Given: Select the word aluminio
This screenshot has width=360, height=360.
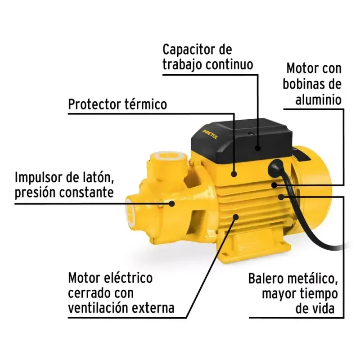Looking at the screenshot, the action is tap(318, 100).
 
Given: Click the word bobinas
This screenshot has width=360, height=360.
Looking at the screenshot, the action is tap(302, 84).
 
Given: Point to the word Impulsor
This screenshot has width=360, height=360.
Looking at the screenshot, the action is tap(38, 178).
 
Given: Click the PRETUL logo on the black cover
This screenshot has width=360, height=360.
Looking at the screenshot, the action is tap(210, 135).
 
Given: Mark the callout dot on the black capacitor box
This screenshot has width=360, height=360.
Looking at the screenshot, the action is tap(258, 148).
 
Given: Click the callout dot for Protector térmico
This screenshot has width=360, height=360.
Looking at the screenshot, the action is tap(234, 174).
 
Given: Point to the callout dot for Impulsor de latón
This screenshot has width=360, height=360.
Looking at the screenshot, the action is tap(172, 204).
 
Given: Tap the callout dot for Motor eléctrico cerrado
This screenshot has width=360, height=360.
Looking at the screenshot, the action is tap(235, 216).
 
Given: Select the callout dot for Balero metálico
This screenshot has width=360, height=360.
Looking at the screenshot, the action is tap(281, 197).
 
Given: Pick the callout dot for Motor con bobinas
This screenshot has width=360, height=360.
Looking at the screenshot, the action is tap(274, 185).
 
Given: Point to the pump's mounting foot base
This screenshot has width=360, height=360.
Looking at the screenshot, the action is tap(255, 249).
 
